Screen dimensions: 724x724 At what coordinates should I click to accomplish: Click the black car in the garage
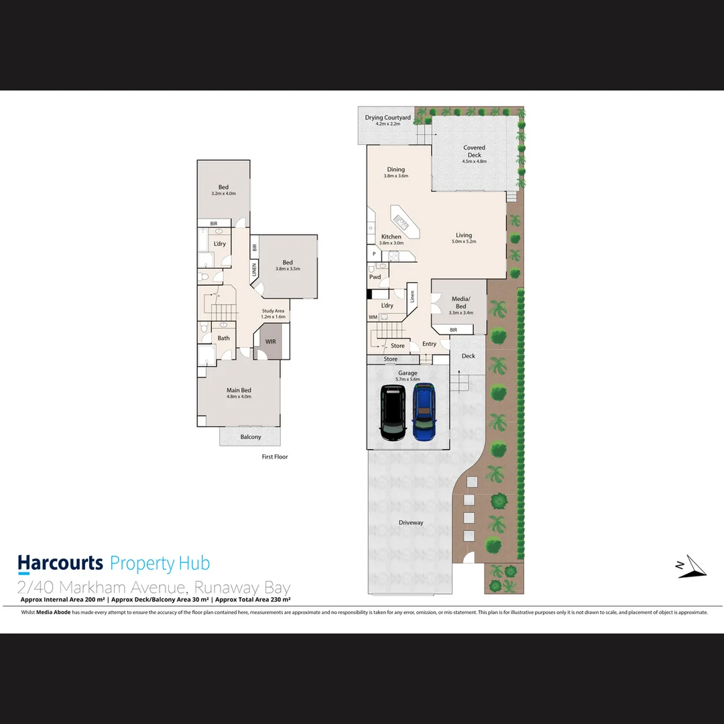[x=393, y=412]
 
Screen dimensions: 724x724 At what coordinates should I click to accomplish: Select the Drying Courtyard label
[x=387, y=118]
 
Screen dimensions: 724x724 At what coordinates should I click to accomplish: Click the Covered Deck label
[x=474, y=151]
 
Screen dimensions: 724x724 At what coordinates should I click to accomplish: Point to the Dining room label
[x=396, y=170]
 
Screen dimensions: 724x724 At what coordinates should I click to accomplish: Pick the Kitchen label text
[x=391, y=237]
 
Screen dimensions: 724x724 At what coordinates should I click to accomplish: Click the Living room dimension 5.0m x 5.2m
[x=464, y=242]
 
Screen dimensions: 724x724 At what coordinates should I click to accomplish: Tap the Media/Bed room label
[x=461, y=302]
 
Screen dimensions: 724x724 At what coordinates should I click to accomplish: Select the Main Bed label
[x=239, y=390]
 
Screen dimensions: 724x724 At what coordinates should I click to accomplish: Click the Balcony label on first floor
[x=250, y=437]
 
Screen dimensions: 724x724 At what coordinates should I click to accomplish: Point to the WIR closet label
[x=270, y=341]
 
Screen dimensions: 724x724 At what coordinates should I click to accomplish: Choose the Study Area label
[x=273, y=311]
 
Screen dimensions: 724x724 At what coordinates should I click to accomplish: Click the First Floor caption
[x=274, y=457]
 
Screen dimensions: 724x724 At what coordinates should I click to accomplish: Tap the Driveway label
[x=411, y=522]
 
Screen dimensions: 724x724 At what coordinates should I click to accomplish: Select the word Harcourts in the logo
[x=60, y=563]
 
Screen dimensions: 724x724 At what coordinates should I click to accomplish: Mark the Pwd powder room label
[x=375, y=277]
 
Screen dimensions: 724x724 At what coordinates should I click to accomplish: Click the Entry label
[x=429, y=344]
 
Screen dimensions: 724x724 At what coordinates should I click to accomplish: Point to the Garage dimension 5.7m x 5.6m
[x=408, y=379]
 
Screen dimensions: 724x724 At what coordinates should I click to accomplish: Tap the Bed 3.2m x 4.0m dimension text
[x=223, y=194]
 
